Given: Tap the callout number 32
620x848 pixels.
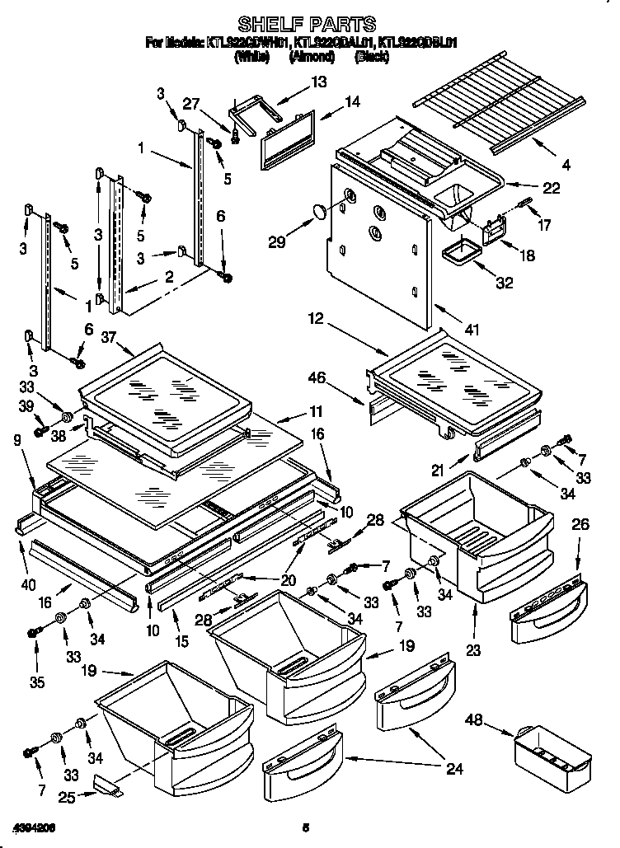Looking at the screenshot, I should click(504, 283).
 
